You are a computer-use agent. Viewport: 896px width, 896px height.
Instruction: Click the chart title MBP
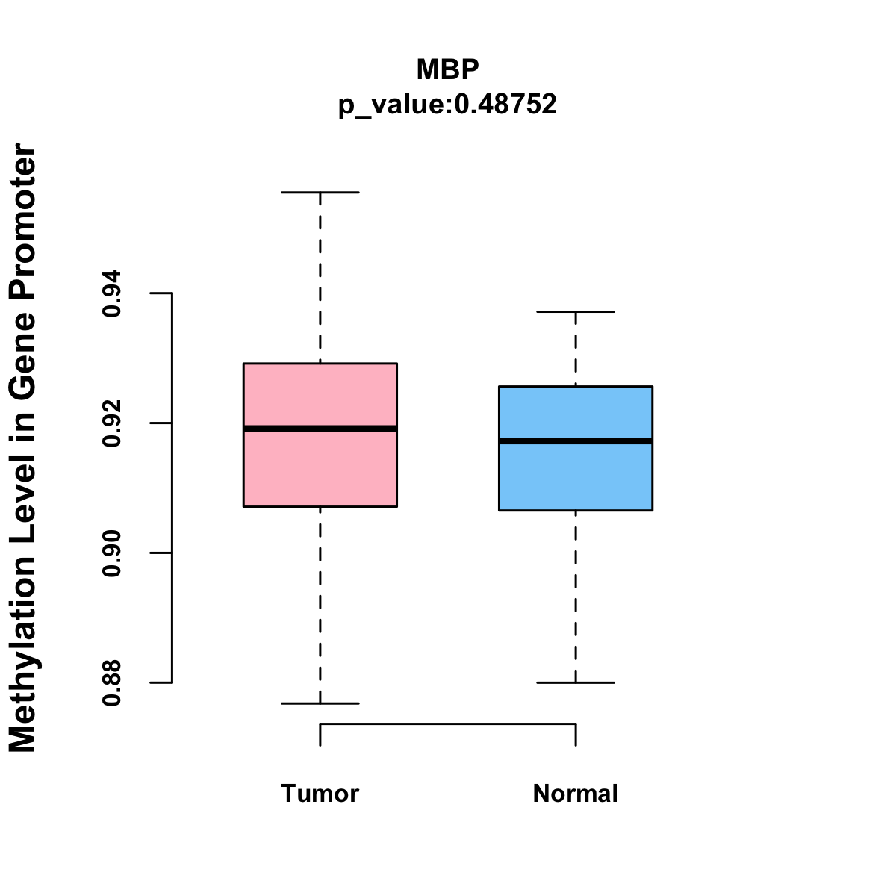(447, 69)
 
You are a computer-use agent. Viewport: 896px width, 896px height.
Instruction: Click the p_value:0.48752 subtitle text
(447, 105)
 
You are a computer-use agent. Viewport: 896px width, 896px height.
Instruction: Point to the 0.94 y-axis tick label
(112, 293)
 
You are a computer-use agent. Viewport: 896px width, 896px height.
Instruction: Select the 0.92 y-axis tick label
(112, 423)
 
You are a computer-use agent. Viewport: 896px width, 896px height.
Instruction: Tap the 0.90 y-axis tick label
(112, 553)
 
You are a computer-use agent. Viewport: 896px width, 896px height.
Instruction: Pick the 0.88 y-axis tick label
(112, 682)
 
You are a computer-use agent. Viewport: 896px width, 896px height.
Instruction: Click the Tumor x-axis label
(320, 793)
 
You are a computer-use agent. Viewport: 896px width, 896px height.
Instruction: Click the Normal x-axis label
(576, 793)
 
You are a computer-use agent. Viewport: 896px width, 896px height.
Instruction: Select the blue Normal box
(576, 478)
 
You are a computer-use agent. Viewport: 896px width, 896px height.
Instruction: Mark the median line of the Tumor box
(320, 429)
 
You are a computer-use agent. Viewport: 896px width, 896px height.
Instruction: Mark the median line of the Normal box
(576, 441)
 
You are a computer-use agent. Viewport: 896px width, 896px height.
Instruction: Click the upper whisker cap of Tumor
(320, 192)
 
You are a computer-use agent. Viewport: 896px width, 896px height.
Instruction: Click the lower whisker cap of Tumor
(320, 703)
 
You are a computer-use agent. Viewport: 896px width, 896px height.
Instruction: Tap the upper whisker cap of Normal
(576, 311)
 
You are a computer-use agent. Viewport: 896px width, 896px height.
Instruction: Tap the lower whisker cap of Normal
(576, 682)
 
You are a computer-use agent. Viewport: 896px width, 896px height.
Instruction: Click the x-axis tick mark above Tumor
(320, 735)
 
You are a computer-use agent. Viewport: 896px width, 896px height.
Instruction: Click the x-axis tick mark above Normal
(576, 735)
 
